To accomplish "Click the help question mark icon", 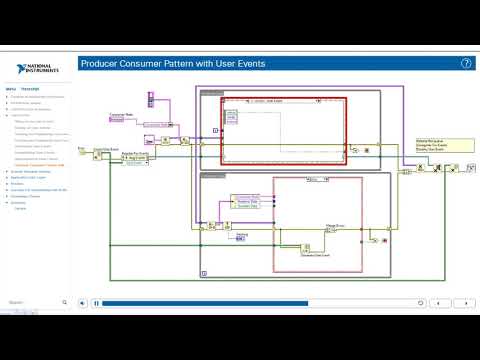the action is pos(466,62).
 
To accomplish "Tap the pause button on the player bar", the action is pos(96,302).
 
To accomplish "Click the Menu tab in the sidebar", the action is pos(11,88).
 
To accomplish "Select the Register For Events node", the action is pos(135,155).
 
